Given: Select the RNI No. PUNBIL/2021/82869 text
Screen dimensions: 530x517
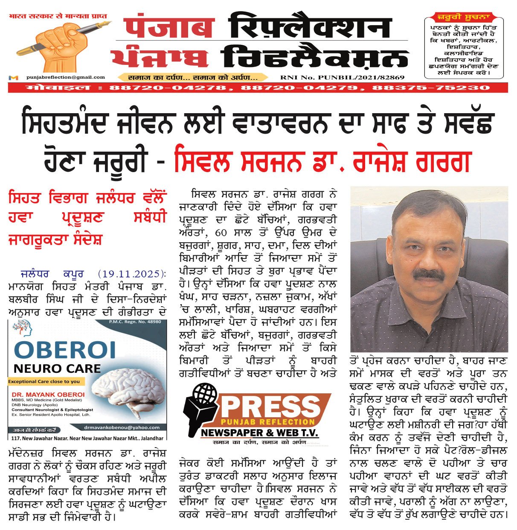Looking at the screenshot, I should (342, 78).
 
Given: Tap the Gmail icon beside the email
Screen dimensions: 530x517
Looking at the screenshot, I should (14, 78).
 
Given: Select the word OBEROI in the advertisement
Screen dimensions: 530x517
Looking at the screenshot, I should (65, 350).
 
